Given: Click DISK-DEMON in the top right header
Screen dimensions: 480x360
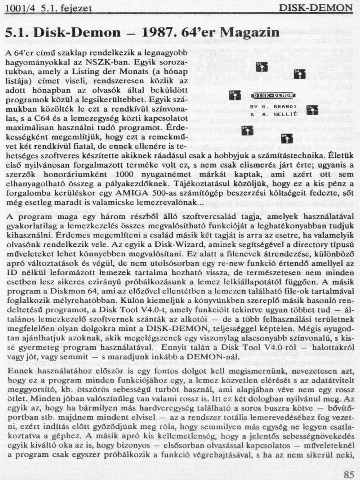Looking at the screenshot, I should [x=316, y=8].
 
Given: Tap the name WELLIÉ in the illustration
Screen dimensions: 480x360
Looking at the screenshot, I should [x=284, y=115].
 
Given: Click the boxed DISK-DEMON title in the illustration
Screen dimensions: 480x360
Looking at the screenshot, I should [x=274, y=96].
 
